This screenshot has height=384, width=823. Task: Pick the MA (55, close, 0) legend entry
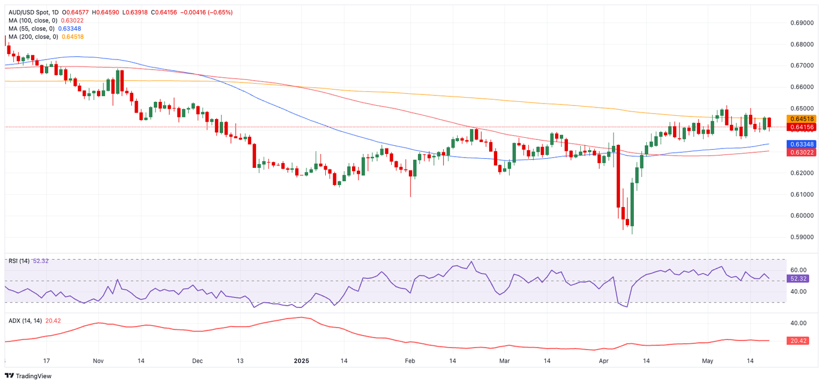pos(31,28)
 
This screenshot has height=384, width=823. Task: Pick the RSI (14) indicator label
pos(19,261)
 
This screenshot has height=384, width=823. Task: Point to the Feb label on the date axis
pos(410,361)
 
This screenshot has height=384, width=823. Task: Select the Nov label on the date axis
pos(99,361)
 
